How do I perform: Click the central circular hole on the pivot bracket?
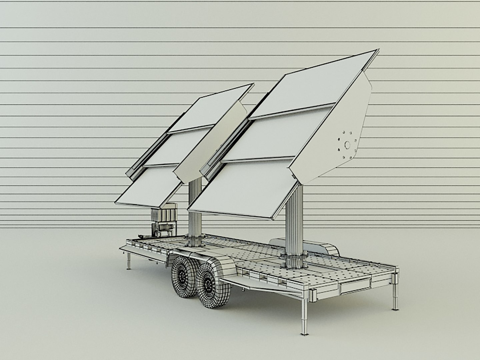tap(347, 145)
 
